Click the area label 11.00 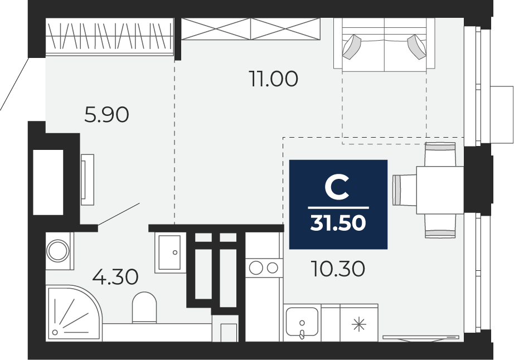273,79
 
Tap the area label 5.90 106,115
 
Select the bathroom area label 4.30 115,276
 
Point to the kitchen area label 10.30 338,269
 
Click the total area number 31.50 338,223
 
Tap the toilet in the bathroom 144,308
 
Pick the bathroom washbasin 168,252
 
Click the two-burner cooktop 264,268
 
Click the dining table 440,189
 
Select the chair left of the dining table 404,189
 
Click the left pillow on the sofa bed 352,47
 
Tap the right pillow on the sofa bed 418,47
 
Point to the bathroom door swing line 119,214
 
